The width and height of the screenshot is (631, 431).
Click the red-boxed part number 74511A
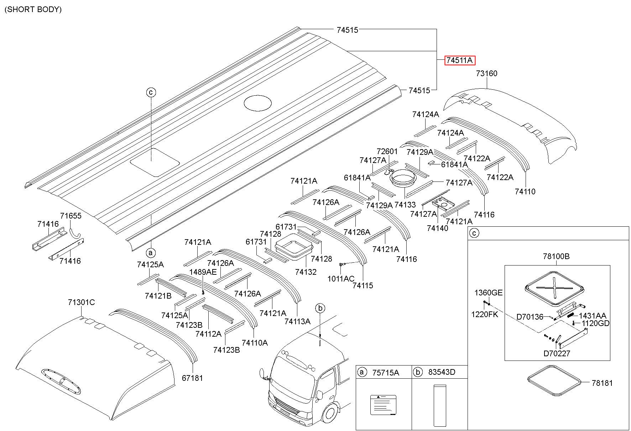(x=460, y=61)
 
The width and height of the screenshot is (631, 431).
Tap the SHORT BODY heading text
(x=33, y=10)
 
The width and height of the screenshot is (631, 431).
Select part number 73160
(x=487, y=74)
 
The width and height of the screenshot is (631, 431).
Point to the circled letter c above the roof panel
(x=151, y=93)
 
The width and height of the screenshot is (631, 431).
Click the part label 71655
(x=71, y=216)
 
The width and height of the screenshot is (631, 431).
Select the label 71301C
(x=82, y=303)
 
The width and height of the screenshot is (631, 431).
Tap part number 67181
(x=192, y=378)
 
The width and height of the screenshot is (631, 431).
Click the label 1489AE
(x=203, y=272)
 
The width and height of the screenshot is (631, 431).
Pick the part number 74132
(x=306, y=272)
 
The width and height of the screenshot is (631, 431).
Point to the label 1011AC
(x=341, y=279)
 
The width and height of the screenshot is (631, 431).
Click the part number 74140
(x=438, y=228)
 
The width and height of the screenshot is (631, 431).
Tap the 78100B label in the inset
(x=556, y=256)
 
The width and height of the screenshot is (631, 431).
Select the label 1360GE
(x=488, y=293)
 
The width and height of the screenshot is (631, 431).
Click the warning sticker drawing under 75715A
(x=383, y=405)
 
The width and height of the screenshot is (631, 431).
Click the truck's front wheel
(x=330, y=415)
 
